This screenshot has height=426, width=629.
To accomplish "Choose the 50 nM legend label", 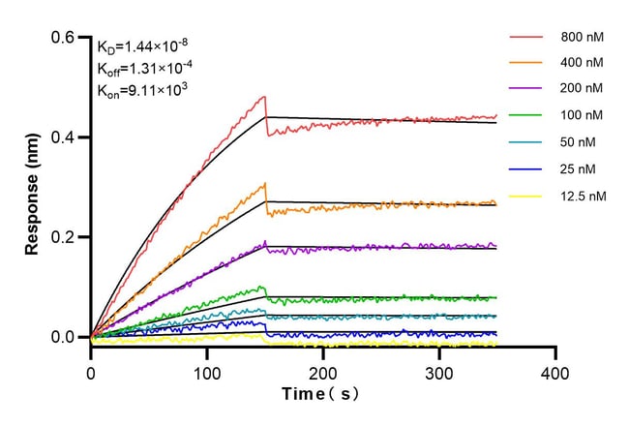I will point(578,142).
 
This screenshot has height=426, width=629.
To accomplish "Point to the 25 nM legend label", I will point(578,168).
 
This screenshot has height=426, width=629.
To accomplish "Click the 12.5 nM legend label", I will point(583,195).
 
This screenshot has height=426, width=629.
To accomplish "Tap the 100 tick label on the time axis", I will point(207,373).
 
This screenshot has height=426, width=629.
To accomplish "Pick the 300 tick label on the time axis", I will point(439,373).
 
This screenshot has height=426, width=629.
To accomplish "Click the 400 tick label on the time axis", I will point(555,373).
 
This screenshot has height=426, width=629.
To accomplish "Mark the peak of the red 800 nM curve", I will point(263,97).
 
